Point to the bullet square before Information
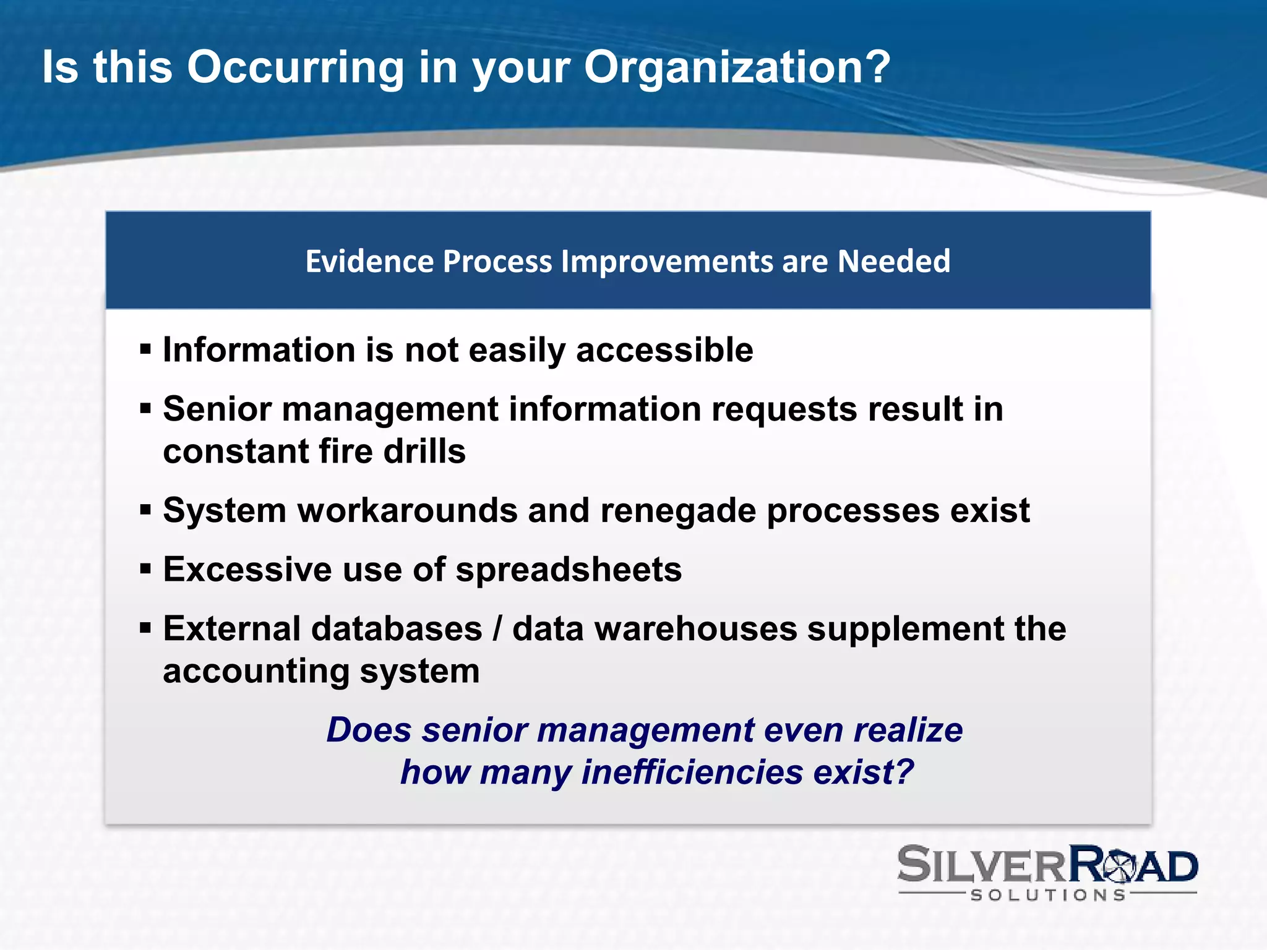[x=145, y=349]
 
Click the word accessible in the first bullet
[x=664, y=350]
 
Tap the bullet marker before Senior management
[x=145, y=409]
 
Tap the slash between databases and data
[x=497, y=629]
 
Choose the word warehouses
[x=695, y=629]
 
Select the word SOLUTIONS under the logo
[x=1048, y=895]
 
